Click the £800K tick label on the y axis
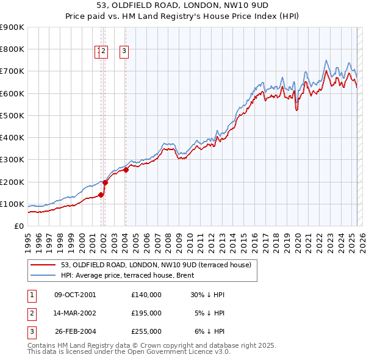pos(12,49)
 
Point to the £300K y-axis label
pos(12,160)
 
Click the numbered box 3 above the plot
pos(124,52)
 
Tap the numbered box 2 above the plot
pos(103,52)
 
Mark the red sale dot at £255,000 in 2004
pos(126,170)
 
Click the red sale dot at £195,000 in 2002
pos(105,182)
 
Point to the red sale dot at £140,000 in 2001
pos(101,195)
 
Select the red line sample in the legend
pos(43,265)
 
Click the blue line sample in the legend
pos(43,275)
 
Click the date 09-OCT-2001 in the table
pos(75,295)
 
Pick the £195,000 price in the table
pos(146,313)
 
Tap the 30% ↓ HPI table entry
pos(207,295)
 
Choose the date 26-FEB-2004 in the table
pos(75,331)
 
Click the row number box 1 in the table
pos(31,295)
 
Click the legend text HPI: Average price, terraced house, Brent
pos(127,275)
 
